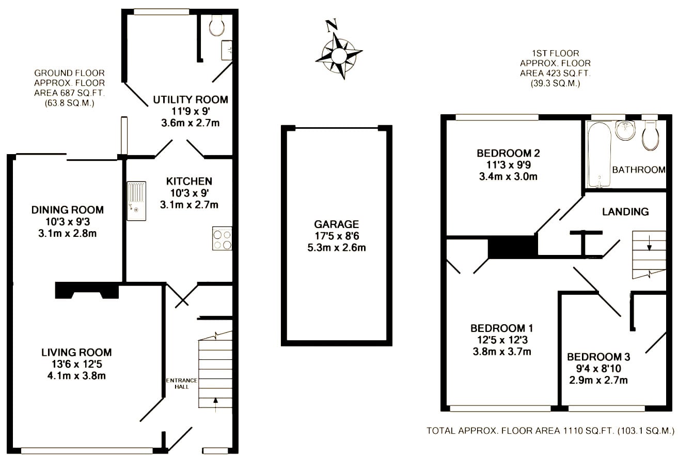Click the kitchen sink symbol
point(136,201)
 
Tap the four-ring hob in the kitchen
point(222,238)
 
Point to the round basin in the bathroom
point(625,130)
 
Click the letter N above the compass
point(331,25)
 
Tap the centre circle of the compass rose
point(339,56)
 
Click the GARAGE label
point(337,224)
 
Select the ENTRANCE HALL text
point(182,383)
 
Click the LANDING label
point(625,212)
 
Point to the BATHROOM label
point(639,170)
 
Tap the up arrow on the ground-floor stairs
point(215,405)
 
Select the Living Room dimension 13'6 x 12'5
point(76,364)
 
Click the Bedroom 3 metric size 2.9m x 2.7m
point(598,380)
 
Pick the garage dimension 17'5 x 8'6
point(337,236)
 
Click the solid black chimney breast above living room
point(87,290)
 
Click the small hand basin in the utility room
point(227,50)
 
